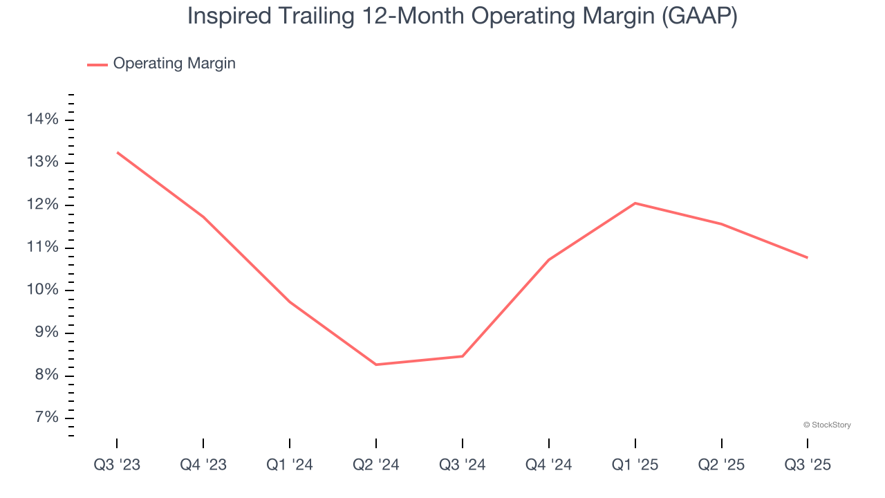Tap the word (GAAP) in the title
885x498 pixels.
(x=699, y=17)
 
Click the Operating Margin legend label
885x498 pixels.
(x=174, y=64)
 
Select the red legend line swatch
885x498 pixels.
(x=97, y=64)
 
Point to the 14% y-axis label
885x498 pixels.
(x=42, y=120)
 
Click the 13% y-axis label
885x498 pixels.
(x=42, y=163)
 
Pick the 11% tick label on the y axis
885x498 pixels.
(x=42, y=248)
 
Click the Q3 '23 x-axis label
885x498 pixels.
(x=117, y=465)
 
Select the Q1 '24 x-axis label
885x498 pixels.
(x=290, y=465)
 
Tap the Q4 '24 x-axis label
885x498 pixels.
(x=549, y=465)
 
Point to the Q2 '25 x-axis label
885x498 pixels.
(x=722, y=465)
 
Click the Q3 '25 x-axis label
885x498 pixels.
(x=808, y=465)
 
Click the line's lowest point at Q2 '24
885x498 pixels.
(x=376, y=365)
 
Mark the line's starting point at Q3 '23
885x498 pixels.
(x=117, y=152)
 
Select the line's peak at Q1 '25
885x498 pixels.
(x=635, y=203)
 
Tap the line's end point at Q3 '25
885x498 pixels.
(x=808, y=258)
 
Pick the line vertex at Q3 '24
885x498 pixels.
(x=463, y=356)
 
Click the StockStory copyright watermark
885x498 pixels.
(x=827, y=425)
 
